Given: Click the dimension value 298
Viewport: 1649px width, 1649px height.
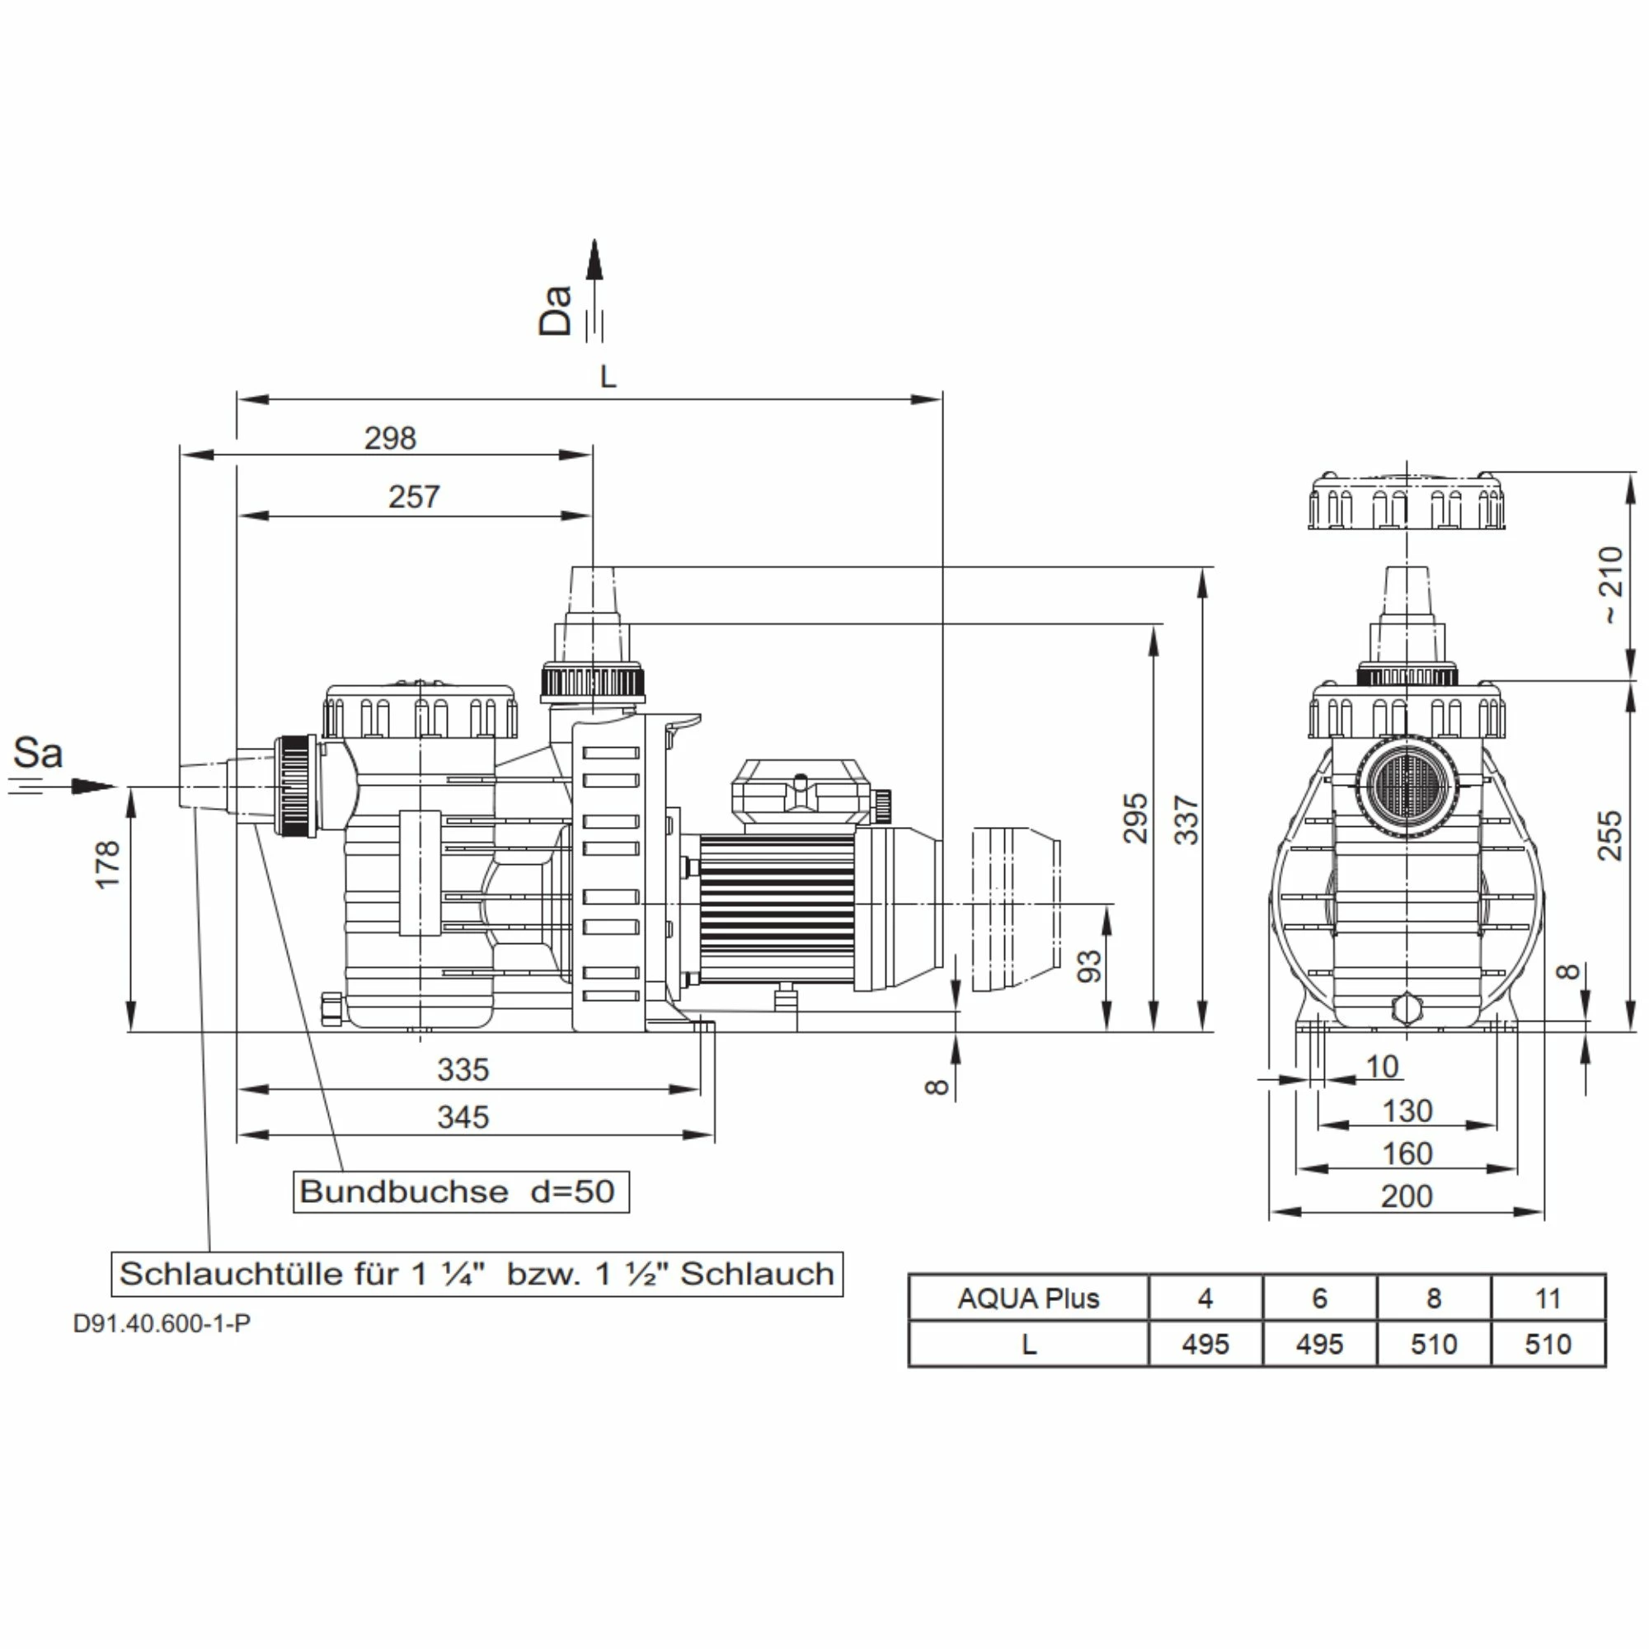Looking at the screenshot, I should point(390,438).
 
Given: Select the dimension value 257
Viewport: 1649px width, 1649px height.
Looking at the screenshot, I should point(414,496).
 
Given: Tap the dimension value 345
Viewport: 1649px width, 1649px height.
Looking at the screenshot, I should point(463,1117).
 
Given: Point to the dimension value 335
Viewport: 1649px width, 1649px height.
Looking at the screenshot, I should point(463,1069).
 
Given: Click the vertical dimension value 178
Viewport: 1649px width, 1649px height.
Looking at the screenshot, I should point(108,864).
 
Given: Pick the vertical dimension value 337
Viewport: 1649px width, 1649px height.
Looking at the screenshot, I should point(1187,820).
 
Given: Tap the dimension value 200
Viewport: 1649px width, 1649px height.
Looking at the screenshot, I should point(1407,1196).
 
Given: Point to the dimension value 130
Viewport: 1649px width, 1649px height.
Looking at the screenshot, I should point(1407,1111).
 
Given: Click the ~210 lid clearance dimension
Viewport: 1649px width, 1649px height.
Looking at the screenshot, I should point(1609,584).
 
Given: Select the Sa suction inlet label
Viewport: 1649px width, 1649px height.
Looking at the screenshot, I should point(38,753).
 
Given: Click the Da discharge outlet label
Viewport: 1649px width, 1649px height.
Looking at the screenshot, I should point(555,310).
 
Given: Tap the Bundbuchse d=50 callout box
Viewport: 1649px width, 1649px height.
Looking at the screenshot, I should point(460,1191).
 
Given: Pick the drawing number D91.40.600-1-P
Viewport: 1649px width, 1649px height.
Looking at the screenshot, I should point(162,1324).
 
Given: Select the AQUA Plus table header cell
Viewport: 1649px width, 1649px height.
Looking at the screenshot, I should point(1028,1299).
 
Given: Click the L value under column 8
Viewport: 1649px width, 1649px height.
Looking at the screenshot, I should point(1434,1344).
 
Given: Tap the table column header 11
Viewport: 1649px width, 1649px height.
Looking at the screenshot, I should point(1548,1299).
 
